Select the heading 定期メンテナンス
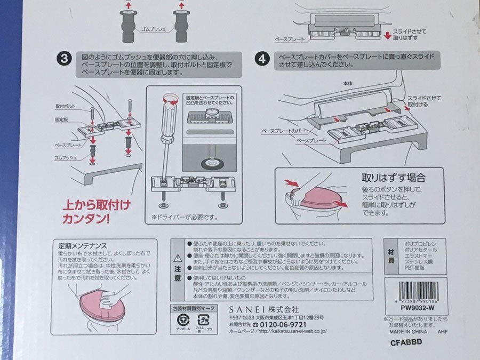pos(83,246)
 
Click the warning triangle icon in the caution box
pos(178,257)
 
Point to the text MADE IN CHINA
pos(405,330)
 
